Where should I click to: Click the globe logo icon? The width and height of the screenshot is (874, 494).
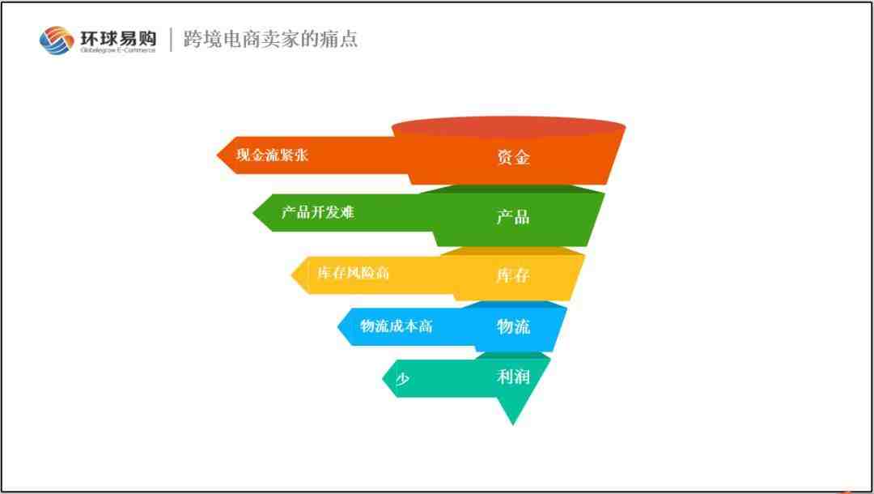pyautogui.click(x=57, y=40)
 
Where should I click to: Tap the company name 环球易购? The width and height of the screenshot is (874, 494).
pyautogui.click(x=118, y=38)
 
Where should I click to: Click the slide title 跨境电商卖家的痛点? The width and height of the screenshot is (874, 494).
pyautogui.click(x=271, y=39)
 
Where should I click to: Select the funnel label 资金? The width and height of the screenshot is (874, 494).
pyautogui.click(x=513, y=157)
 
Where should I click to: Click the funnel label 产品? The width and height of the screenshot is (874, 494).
pyautogui.click(x=513, y=216)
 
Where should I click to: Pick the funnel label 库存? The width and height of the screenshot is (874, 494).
pyautogui.click(x=513, y=275)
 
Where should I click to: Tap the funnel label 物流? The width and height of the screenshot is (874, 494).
pyautogui.click(x=513, y=326)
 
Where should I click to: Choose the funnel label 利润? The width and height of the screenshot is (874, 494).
pyautogui.click(x=513, y=377)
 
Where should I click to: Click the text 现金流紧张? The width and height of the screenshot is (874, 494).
pyautogui.click(x=272, y=155)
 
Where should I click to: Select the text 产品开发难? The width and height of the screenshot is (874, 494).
pyautogui.click(x=318, y=212)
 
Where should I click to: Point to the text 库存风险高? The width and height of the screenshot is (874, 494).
pyautogui.click(x=354, y=273)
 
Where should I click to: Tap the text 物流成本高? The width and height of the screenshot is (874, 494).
pyautogui.click(x=397, y=326)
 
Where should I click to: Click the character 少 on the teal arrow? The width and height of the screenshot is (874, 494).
pyautogui.click(x=402, y=379)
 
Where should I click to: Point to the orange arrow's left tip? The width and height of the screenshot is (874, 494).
pyautogui.click(x=217, y=155)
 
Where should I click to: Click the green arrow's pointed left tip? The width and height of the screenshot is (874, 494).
pyautogui.click(x=253, y=212)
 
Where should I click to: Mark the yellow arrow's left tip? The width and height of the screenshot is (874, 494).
pyautogui.click(x=291, y=275)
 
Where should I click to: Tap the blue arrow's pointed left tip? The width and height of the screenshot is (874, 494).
pyautogui.click(x=337, y=326)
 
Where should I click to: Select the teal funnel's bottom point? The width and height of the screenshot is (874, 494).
pyautogui.click(x=513, y=425)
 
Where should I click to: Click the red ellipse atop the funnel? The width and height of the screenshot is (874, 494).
pyautogui.click(x=508, y=127)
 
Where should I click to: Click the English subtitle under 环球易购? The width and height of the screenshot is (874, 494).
pyautogui.click(x=118, y=50)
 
